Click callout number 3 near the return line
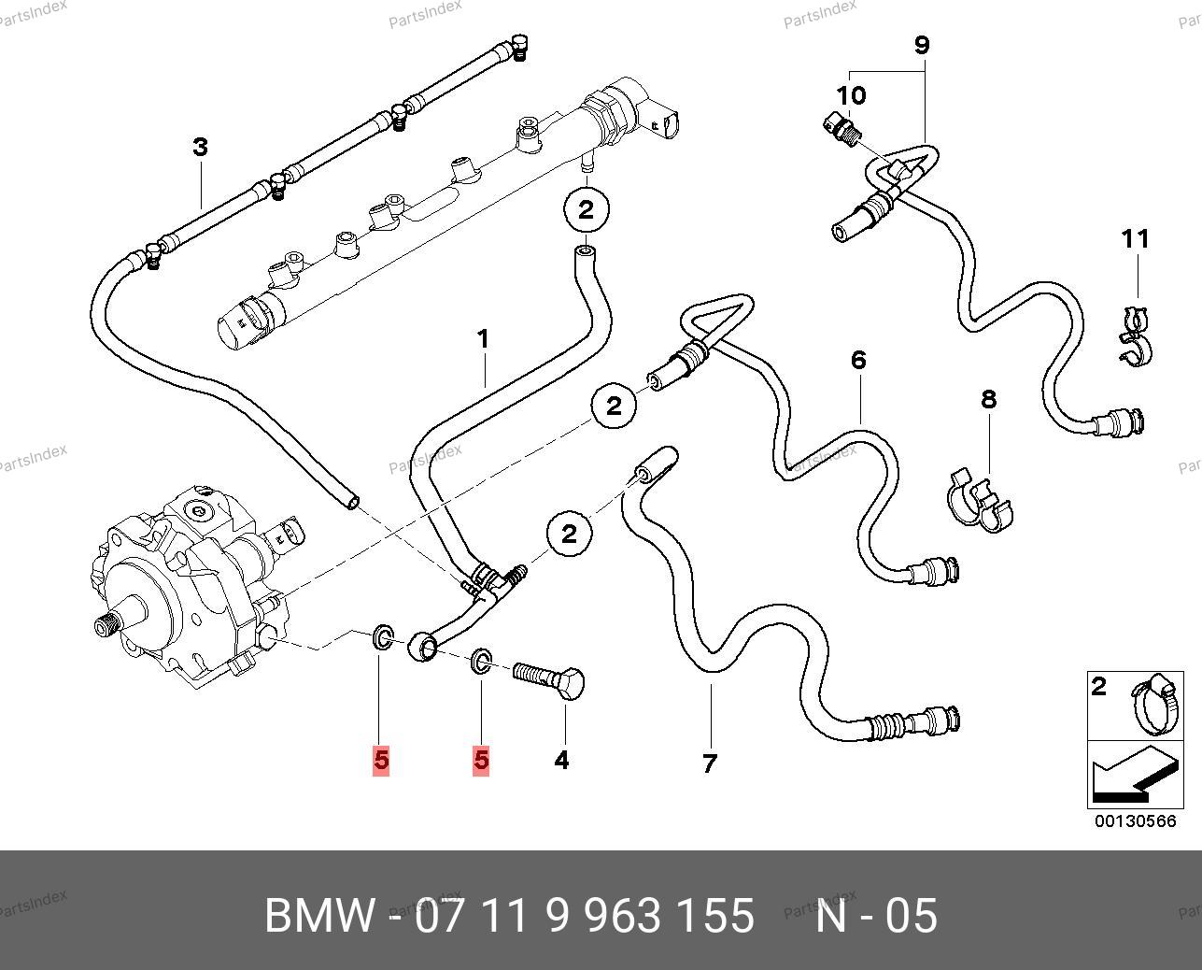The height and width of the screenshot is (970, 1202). [200, 147]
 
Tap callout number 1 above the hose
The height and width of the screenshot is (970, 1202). [484, 338]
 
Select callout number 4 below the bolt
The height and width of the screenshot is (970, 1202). [561, 760]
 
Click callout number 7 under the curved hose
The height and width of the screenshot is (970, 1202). [710, 763]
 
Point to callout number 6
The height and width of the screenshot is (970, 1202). [858, 360]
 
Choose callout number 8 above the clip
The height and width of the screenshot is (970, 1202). [989, 400]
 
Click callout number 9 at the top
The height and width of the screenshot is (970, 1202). [922, 45]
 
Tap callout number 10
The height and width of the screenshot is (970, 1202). [851, 94]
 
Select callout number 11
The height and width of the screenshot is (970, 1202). [1136, 239]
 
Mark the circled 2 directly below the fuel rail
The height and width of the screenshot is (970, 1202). [586, 209]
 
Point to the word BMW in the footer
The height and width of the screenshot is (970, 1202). [320, 916]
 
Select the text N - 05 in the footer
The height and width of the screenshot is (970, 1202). [876, 916]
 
